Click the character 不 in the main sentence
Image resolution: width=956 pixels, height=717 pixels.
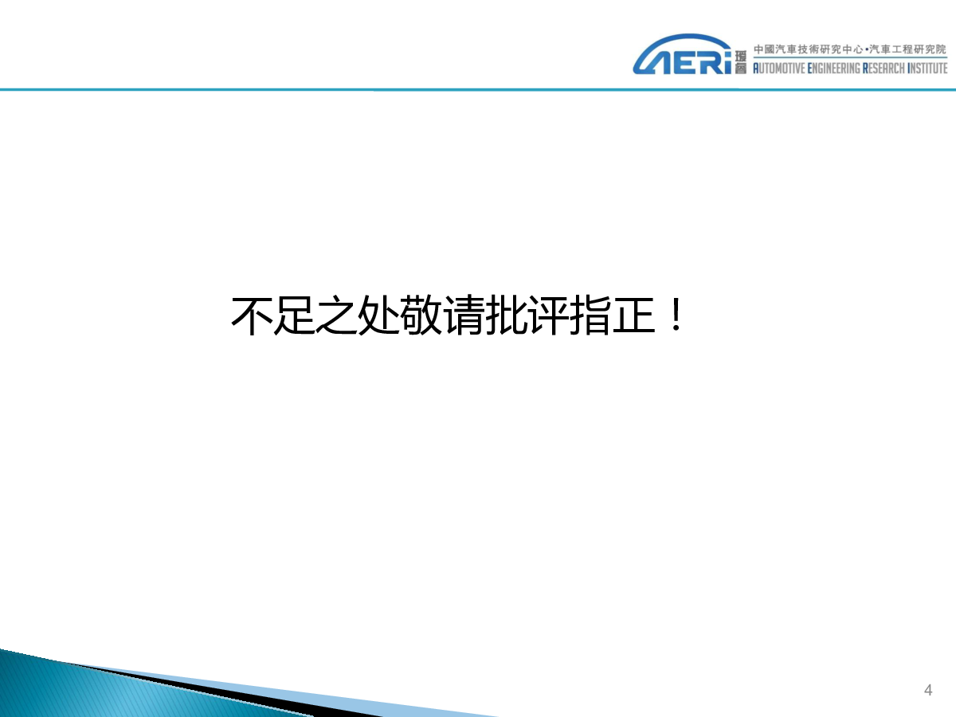click(x=252, y=315)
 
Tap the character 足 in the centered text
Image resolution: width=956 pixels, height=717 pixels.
click(x=295, y=315)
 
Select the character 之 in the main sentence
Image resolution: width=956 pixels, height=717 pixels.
click(x=337, y=315)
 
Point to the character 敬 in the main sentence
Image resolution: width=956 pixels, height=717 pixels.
click(x=421, y=315)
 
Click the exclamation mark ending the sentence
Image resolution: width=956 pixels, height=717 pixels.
click(x=677, y=315)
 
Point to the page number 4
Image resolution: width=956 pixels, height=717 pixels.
click(x=928, y=690)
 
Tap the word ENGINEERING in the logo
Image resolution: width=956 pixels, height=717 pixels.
click(x=833, y=69)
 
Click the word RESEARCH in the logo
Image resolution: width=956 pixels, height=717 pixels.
click(x=884, y=69)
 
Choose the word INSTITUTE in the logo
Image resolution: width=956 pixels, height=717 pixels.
click(x=927, y=69)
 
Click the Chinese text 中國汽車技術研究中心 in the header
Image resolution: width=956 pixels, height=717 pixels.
click(x=808, y=49)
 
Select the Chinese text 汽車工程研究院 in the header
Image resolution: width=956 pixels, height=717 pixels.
click(x=908, y=49)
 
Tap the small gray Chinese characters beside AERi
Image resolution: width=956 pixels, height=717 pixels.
click(x=740, y=62)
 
